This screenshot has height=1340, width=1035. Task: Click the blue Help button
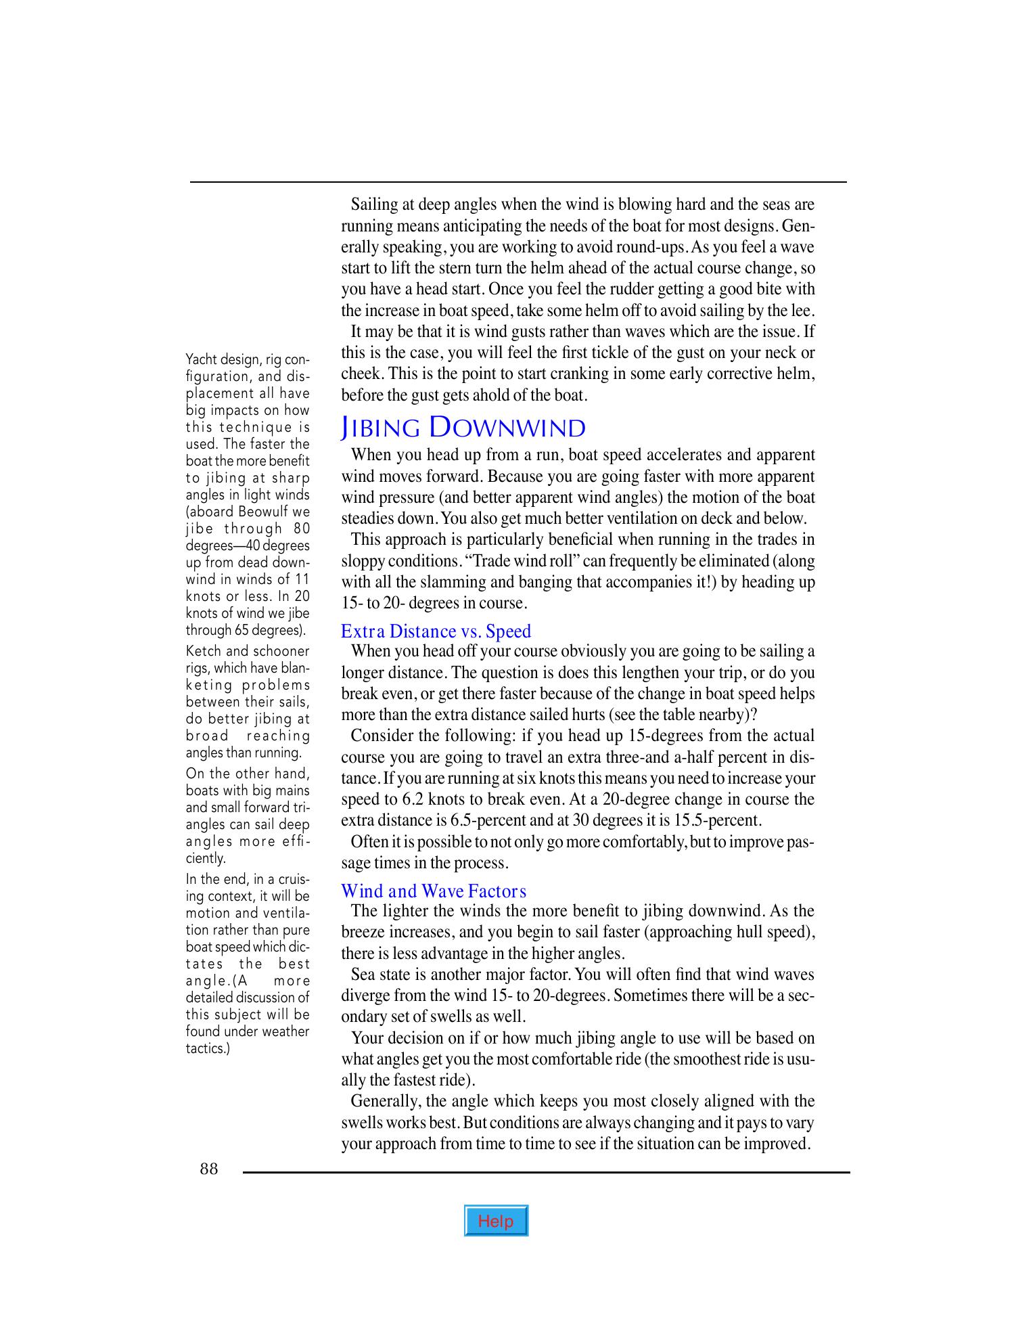(x=496, y=1221)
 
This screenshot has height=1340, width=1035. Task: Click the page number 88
(x=209, y=1169)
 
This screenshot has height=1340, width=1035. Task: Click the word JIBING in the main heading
(x=381, y=428)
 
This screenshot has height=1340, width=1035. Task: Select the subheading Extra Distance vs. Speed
(x=436, y=631)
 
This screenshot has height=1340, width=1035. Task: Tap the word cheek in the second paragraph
(x=356, y=374)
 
